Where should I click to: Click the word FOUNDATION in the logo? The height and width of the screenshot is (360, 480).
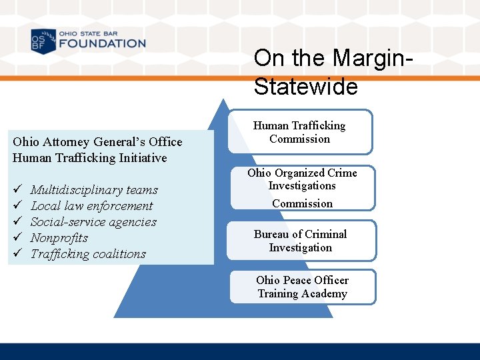coord(102,44)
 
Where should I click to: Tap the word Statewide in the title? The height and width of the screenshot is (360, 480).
coord(306,87)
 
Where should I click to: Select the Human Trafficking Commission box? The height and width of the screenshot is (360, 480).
coord(300,132)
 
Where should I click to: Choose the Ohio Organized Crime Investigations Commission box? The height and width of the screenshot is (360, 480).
coord(302,188)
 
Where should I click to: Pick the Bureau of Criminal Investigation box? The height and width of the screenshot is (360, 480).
coord(300,241)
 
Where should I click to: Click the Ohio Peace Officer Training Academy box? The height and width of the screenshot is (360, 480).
coord(302,287)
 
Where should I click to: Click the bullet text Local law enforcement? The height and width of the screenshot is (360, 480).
coord(92,206)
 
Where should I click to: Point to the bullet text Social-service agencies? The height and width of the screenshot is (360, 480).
coord(93,222)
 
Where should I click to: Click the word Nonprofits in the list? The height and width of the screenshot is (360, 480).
coord(59,238)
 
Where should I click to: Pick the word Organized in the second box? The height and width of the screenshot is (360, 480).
coord(297,173)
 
